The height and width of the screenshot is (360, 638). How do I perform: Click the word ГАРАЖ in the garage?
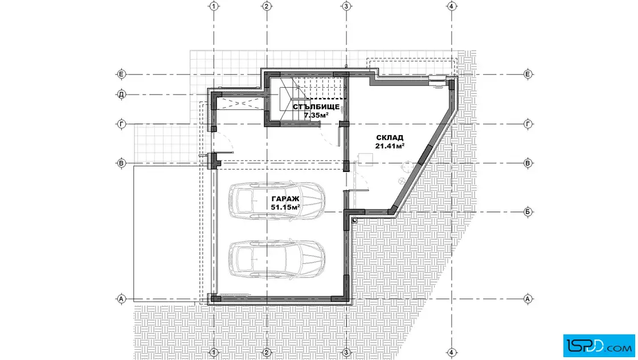point(285,199)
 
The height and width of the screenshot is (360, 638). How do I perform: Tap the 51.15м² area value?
point(285,207)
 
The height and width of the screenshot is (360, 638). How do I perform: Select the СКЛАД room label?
point(390,138)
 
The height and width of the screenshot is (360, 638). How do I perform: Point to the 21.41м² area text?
point(390,146)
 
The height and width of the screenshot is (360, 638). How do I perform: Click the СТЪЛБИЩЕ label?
point(316,107)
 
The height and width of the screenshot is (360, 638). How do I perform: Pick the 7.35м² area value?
point(316,115)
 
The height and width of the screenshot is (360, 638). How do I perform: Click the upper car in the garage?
point(277,201)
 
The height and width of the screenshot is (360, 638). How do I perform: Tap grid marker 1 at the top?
point(214,6)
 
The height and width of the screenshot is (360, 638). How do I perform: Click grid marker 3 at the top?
point(346,6)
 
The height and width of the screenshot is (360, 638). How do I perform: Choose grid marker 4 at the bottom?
point(452,352)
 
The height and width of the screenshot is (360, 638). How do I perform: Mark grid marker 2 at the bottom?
point(267,352)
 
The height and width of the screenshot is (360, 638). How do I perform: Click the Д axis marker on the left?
point(121,95)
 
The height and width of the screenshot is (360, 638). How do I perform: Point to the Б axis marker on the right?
point(527,212)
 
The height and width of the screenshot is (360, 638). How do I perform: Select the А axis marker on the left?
point(121,299)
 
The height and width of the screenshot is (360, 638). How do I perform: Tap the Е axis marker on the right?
point(527,74)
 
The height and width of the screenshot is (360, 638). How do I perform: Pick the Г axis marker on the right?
point(527,124)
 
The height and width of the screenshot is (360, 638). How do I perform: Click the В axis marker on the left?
point(121,163)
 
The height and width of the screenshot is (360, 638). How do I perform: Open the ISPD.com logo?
point(599,346)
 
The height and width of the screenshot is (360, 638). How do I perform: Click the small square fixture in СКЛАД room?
point(366,159)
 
